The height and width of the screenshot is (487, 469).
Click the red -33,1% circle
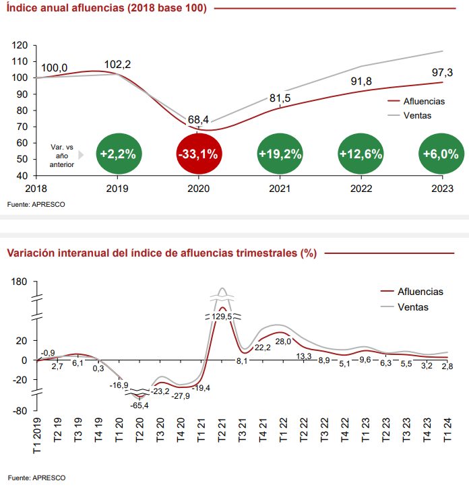pyautogui.click(x=197, y=154)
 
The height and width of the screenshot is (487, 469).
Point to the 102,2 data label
pyautogui.click(x=118, y=65)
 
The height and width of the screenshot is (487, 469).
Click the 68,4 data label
pyautogui.click(x=198, y=120)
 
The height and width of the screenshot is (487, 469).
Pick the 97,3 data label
pyautogui.click(x=441, y=73)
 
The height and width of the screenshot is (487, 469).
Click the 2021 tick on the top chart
pyautogui.click(x=280, y=189)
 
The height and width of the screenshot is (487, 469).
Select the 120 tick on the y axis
pyautogui.click(x=21, y=45)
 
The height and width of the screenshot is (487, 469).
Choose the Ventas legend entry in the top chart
pyautogui.click(x=418, y=115)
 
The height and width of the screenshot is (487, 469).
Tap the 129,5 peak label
pyautogui.click(x=222, y=316)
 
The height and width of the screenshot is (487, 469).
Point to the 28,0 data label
pyautogui.click(x=283, y=342)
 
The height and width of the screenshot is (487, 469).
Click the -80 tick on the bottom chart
pyautogui.click(x=20, y=410)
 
